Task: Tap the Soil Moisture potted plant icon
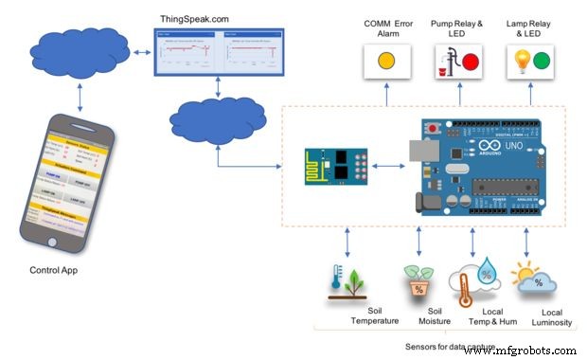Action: point(418,281)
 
